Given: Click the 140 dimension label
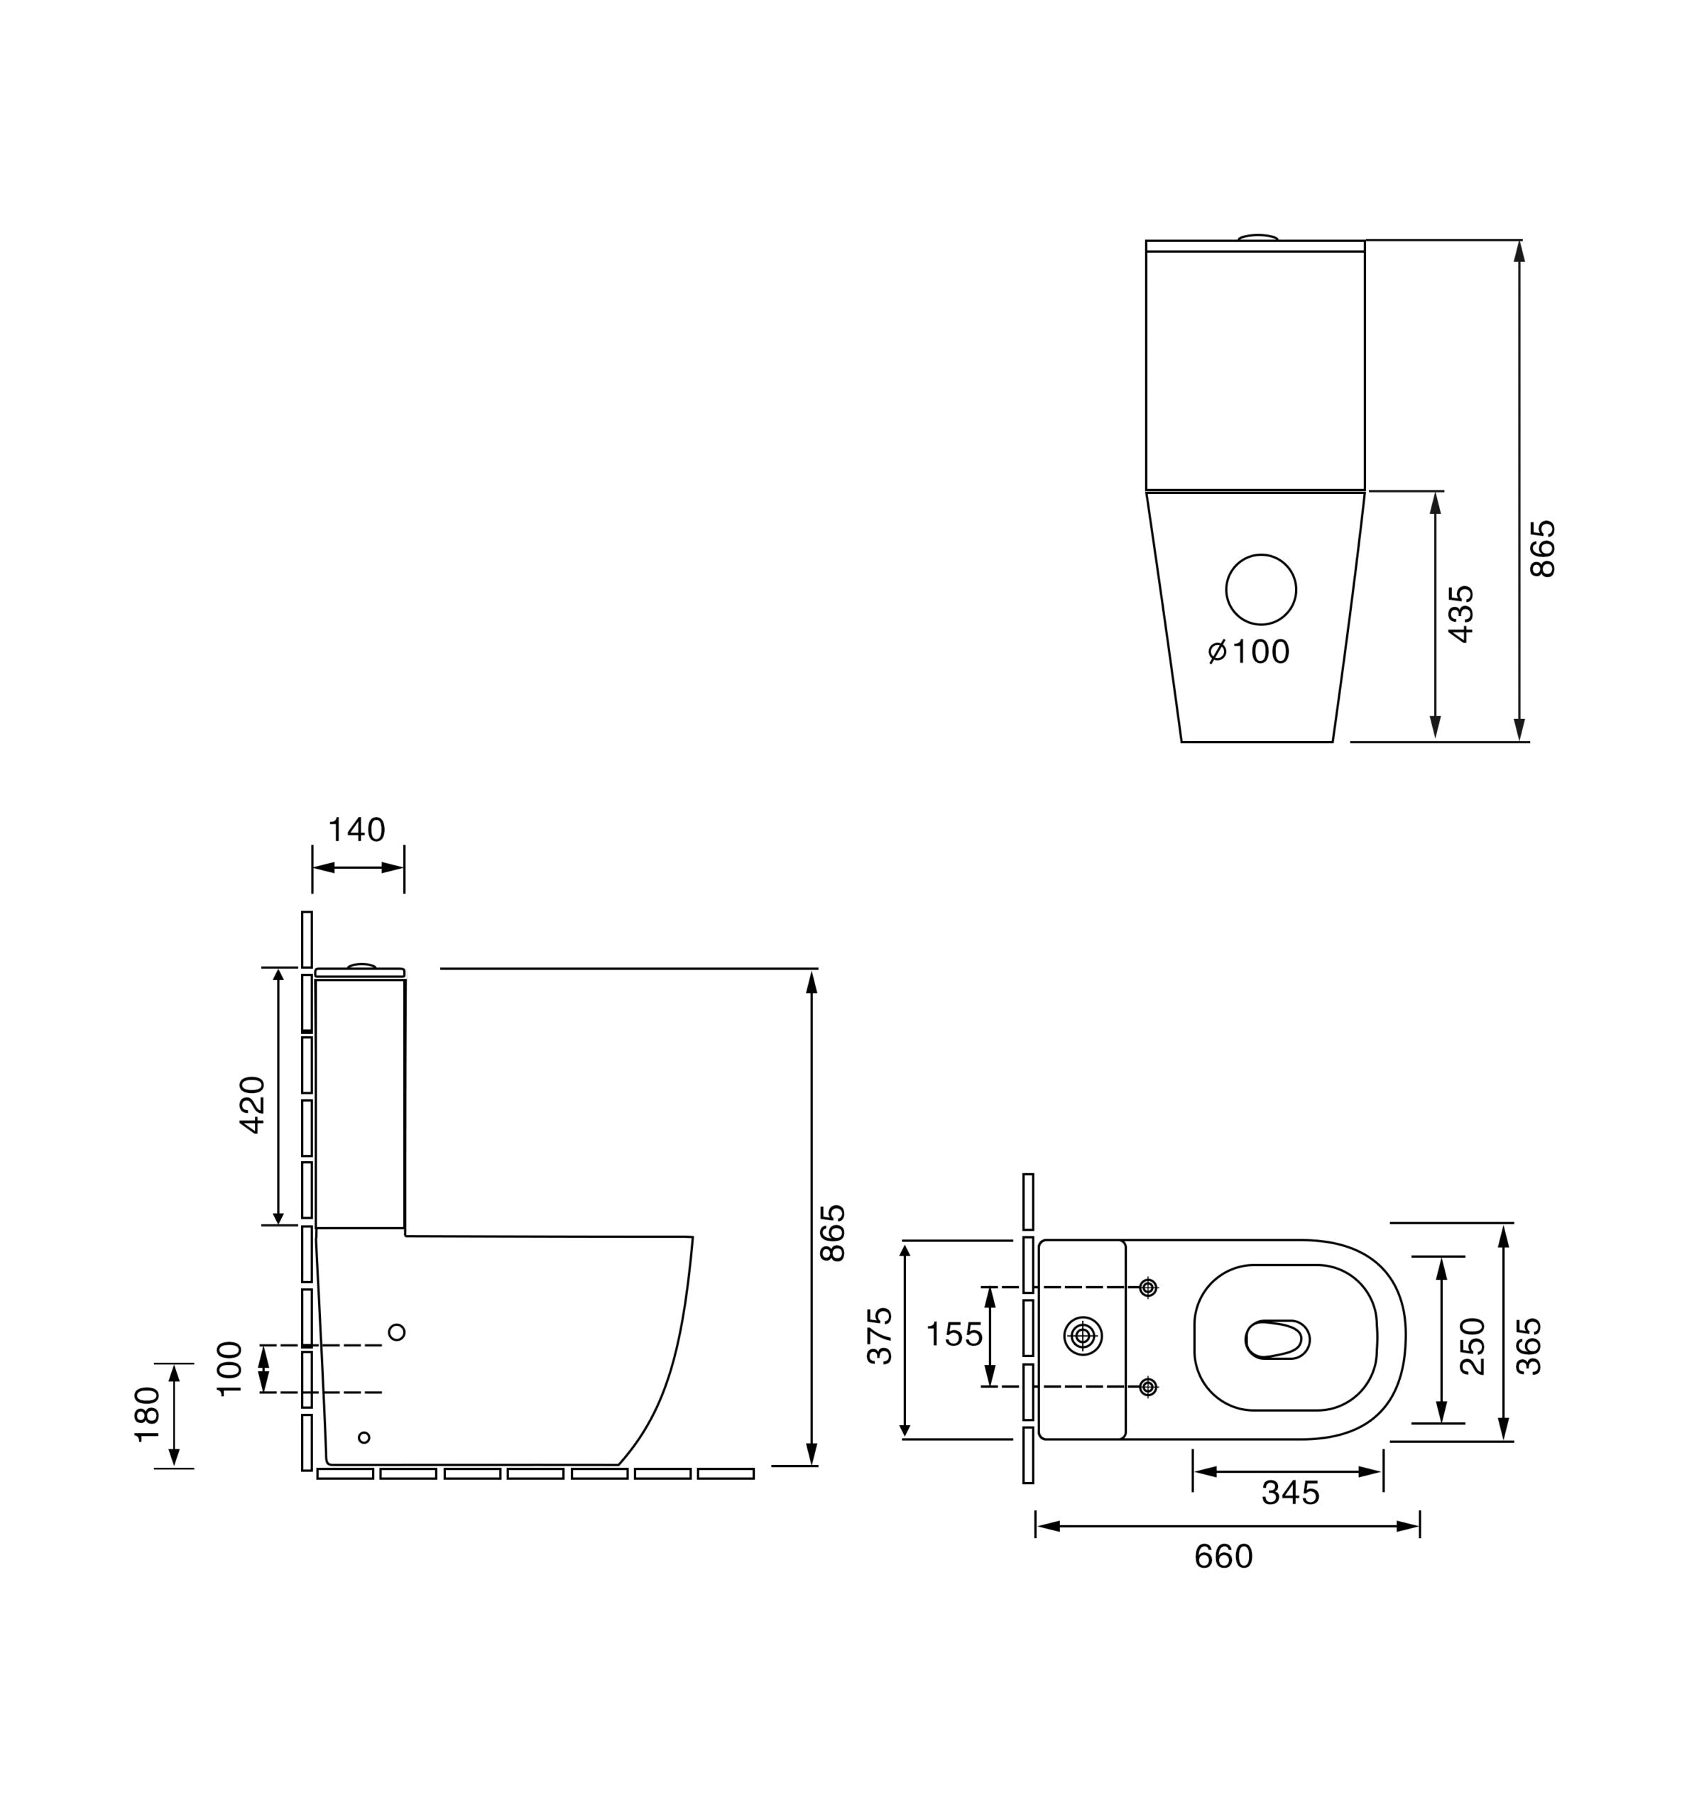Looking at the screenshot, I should (356, 830).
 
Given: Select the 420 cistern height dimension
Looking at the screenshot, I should (252, 1105).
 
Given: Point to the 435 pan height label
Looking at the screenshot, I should (1461, 613).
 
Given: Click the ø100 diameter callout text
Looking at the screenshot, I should (1249, 652).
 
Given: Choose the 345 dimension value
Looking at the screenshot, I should (1290, 1493).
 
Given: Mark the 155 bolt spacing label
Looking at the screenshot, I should (954, 1334).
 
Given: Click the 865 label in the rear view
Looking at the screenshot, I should (1542, 549).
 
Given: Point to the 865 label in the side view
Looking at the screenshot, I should (833, 1233).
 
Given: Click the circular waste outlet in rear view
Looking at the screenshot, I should (1261, 590).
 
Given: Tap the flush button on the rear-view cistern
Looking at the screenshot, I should (1258, 238).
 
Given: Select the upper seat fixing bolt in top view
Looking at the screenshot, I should (1148, 1288).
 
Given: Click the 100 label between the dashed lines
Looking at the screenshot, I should (230, 1368).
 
